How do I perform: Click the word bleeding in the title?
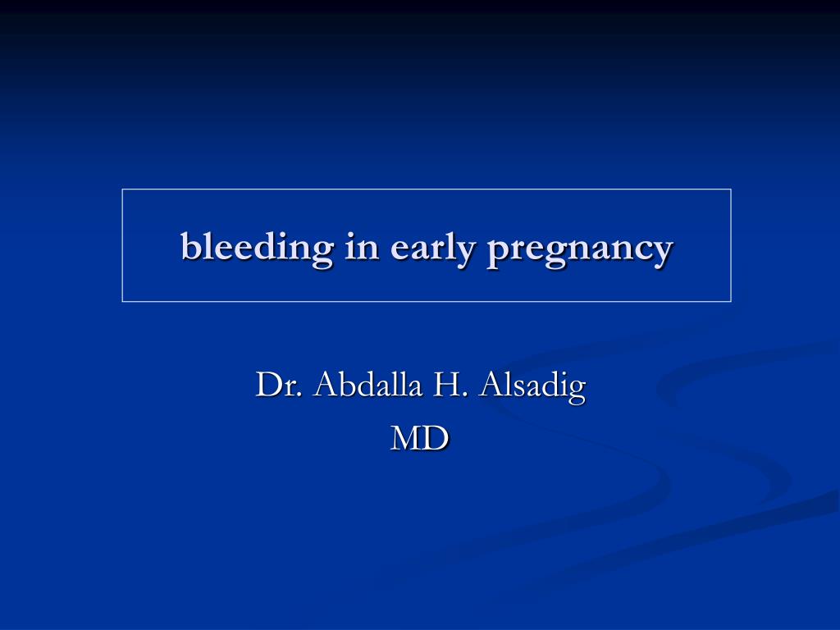(x=257, y=249)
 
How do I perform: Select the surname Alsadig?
(x=532, y=387)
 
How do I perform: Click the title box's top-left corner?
(x=123, y=189)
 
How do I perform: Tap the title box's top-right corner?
(x=731, y=189)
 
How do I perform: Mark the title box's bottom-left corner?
(x=123, y=302)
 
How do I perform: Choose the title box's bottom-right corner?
(x=731, y=302)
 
